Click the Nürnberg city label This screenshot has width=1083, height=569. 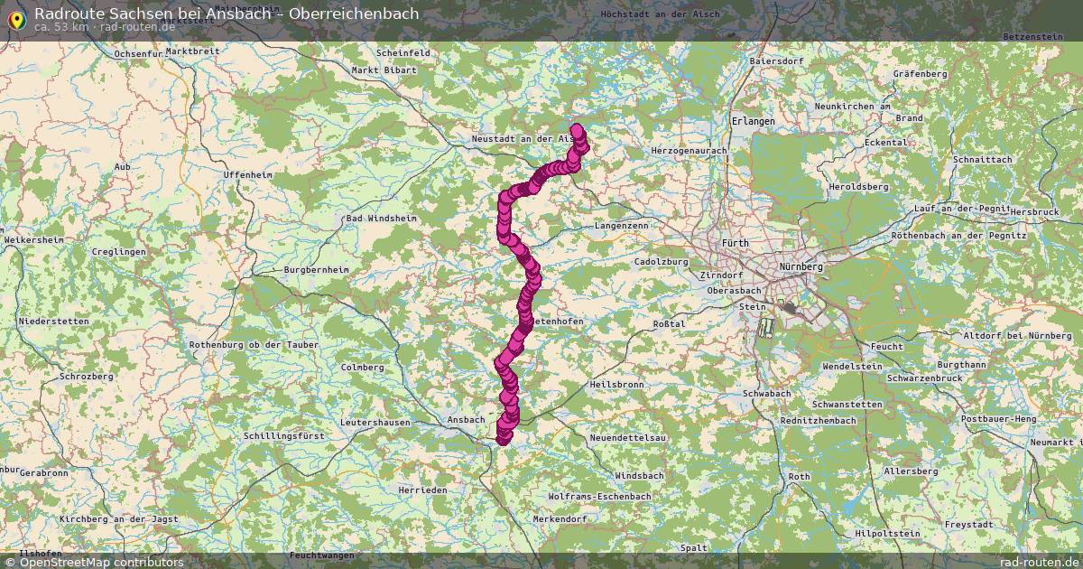pos(801,267)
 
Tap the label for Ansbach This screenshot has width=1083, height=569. pos(466,419)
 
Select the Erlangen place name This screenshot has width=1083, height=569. pos(753,121)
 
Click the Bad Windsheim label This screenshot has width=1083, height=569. pos(381,219)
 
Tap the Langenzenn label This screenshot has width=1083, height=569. pos(622,225)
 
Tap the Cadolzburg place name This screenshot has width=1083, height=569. pos(662,262)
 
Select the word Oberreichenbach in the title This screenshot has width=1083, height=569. pos(354,13)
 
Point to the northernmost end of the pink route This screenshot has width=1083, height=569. pos(577,129)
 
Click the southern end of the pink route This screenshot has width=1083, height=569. pos(503,439)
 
